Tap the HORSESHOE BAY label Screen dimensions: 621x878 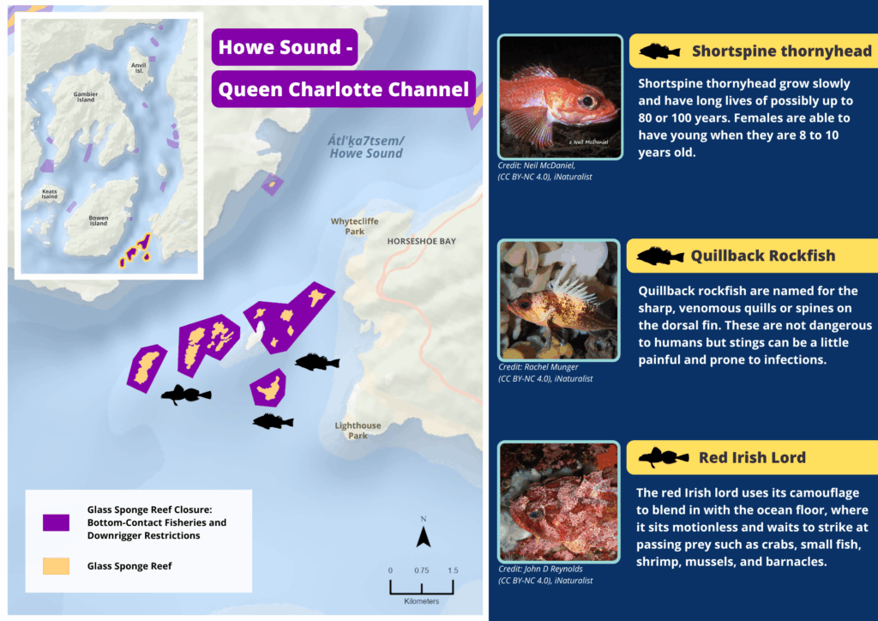pyautogui.click(x=421, y=242)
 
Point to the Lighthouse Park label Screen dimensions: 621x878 pyautogui.click(x=358, y=431)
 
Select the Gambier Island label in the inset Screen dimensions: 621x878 pyautogui.click(x=86, y=97)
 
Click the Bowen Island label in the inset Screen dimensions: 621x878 pyautogui.click(x=99, y=220)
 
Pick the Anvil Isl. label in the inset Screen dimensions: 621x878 pyautogui.click(x=138, y=67)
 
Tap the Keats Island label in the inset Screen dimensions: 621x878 pyautogui.click(x=50, y=194)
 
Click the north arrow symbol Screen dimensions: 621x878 pyautogui.click(x=423, y=536)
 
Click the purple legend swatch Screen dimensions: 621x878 pyautogui.click(x=56, y=522)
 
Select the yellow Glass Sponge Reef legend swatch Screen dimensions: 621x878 pyautogui.click(x=56, y=566)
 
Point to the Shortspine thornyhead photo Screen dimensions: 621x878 pyautogui.click(x=560, y=96)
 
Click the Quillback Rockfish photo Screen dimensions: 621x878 pyautogui.click(x=560, y=299)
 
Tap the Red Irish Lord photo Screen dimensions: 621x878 pyautogui.click(x=560, y=502)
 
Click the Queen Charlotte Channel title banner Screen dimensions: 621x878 pyautogui.click(x=344, y=89)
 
